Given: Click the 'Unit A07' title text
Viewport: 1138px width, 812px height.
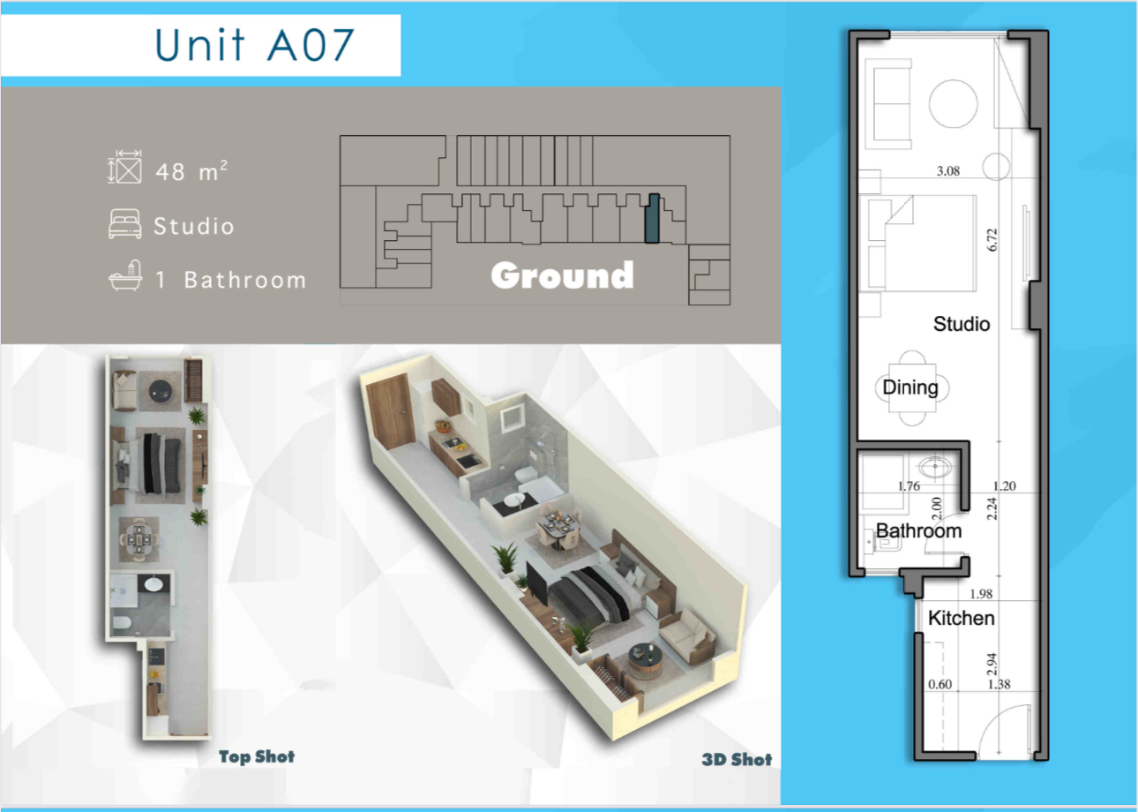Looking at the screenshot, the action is pos(255,45).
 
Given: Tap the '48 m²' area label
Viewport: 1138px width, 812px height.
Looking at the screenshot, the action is pos(191,170).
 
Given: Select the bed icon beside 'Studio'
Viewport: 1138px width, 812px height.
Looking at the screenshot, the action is pos(125,223).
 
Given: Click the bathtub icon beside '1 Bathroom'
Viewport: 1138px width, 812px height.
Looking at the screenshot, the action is pos(125,275).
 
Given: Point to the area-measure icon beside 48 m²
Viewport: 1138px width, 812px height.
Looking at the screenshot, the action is pos(125,167).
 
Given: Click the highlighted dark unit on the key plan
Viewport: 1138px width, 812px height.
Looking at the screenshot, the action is pos(652,219).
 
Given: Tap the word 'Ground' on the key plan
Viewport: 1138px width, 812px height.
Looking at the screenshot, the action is pos(563,275).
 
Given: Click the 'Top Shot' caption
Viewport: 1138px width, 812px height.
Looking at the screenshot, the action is pos(257,756).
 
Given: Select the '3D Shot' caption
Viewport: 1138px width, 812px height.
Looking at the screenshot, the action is pos(737,760).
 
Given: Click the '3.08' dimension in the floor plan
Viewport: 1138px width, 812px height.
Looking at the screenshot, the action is pos(948,170).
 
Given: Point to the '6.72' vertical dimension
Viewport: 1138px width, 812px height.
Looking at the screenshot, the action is pos(992,240).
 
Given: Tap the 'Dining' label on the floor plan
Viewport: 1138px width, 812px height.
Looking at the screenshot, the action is pos(910,387).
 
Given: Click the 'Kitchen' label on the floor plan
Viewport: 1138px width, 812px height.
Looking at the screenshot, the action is pos(962,618).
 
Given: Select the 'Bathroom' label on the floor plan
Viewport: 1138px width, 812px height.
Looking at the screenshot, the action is pos(919,531).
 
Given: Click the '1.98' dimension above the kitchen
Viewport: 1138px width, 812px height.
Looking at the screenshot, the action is pos(981,593).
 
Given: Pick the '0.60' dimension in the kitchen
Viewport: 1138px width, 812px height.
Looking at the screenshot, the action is pos(940,684).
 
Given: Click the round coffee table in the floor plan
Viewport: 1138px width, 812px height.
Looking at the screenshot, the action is pos(953,103).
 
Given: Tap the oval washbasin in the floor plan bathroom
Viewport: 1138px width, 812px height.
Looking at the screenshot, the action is pos(935,468).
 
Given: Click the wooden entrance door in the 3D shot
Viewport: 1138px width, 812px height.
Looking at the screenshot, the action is pos(390,410).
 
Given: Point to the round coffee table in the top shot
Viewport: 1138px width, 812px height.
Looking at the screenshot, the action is pos(160,391).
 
